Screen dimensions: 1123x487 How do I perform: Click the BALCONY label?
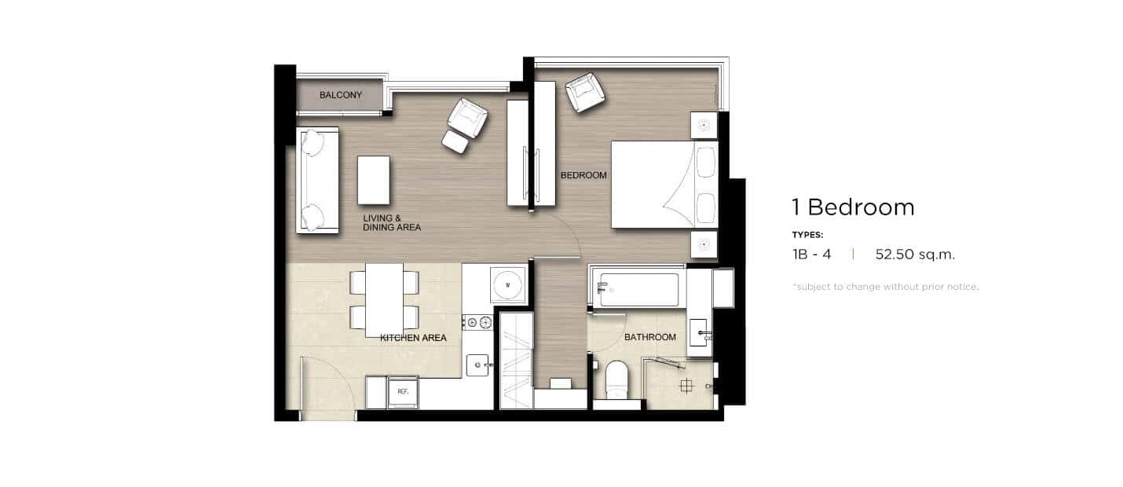tap(340, 95)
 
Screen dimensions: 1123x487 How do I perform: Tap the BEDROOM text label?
tap(583, 175)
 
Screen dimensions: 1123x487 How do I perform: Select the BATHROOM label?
tap(649, 337)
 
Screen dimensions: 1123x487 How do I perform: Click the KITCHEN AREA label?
tap(413, 338)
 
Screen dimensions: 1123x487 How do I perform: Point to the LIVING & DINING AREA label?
tap(392, 223)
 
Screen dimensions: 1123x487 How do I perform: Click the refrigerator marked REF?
tap(403, 392)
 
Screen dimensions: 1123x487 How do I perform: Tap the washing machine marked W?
tap(507, 285)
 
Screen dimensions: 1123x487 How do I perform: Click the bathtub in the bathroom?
tap(637, 290)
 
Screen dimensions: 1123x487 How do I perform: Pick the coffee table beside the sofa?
tap(374, 181)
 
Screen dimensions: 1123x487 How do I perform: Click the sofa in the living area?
tap(317, 180)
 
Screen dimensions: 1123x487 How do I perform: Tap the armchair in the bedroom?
tap(584, 92)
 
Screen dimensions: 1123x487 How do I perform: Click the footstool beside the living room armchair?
tap(455, 141)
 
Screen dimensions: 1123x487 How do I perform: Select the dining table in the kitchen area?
tap(385, 300)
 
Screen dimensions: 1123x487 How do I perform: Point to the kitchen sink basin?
tap(477, 365)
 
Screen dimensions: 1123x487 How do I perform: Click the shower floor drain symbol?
tap(686, 386)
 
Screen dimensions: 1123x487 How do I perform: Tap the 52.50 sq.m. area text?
tap(915, 254)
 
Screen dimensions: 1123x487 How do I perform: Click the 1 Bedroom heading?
tap(854, 207)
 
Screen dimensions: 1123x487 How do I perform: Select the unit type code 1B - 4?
tap(812, 254)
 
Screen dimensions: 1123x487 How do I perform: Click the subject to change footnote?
tap(885, 287)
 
